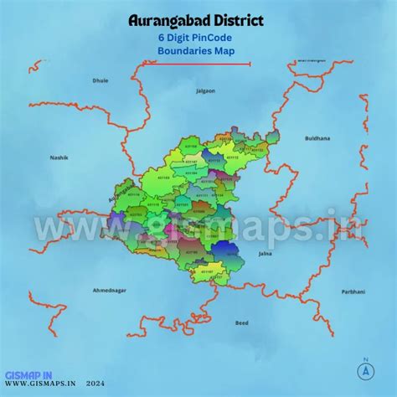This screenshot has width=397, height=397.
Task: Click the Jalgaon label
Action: (x=204, y=90)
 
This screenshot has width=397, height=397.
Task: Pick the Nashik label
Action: (x=58, y=157)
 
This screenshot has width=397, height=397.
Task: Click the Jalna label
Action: (x=266, y=251)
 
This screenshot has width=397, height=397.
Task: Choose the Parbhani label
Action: (x=353, y=291)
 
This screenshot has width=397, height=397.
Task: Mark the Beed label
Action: (x=242, y=322)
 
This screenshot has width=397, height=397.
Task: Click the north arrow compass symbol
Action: (x=365, y=369)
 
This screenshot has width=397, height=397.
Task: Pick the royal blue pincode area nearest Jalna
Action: (x=224, y=249)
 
